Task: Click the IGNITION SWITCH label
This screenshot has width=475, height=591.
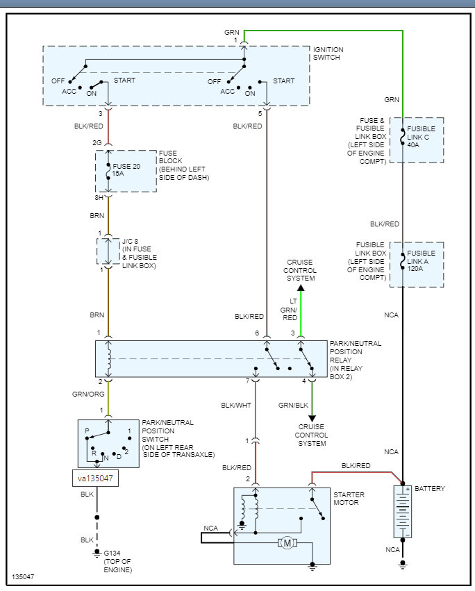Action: [x=328, y=54]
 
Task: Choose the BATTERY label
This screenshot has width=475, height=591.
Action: [x=430, y=489]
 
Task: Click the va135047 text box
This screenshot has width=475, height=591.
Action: [x=96, y=478]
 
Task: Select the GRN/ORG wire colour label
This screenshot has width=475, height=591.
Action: [x=87, y=394]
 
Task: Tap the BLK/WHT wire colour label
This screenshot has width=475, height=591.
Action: [x=236, y=405]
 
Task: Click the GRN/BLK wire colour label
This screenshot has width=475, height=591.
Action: [x=293, y=405]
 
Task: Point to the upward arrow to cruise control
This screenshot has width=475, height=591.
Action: [x=300, y=287]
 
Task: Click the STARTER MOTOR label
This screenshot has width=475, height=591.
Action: [x=349, y=498]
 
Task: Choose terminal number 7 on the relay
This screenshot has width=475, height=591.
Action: [x=247, y=381]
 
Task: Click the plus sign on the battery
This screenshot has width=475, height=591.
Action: [x=408, y=490]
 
